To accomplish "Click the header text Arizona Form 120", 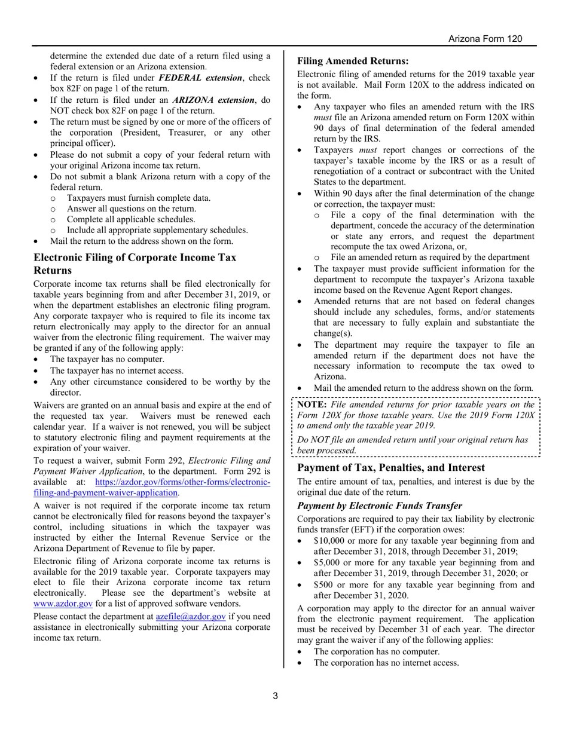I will [x=485, y=39].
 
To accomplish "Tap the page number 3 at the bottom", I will [x=275, y=696].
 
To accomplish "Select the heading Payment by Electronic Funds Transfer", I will [x=379, y=506].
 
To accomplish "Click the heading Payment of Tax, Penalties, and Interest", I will [x=390, y=467].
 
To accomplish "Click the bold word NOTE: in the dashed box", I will [x=311, y=405].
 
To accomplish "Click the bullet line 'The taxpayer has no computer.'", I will [x=107, y=359].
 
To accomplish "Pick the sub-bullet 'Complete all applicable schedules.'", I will [x=131, y=219].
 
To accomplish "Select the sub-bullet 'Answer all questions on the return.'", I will [x=131, y=209].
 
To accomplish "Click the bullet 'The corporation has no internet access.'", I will [x=386, y=663].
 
